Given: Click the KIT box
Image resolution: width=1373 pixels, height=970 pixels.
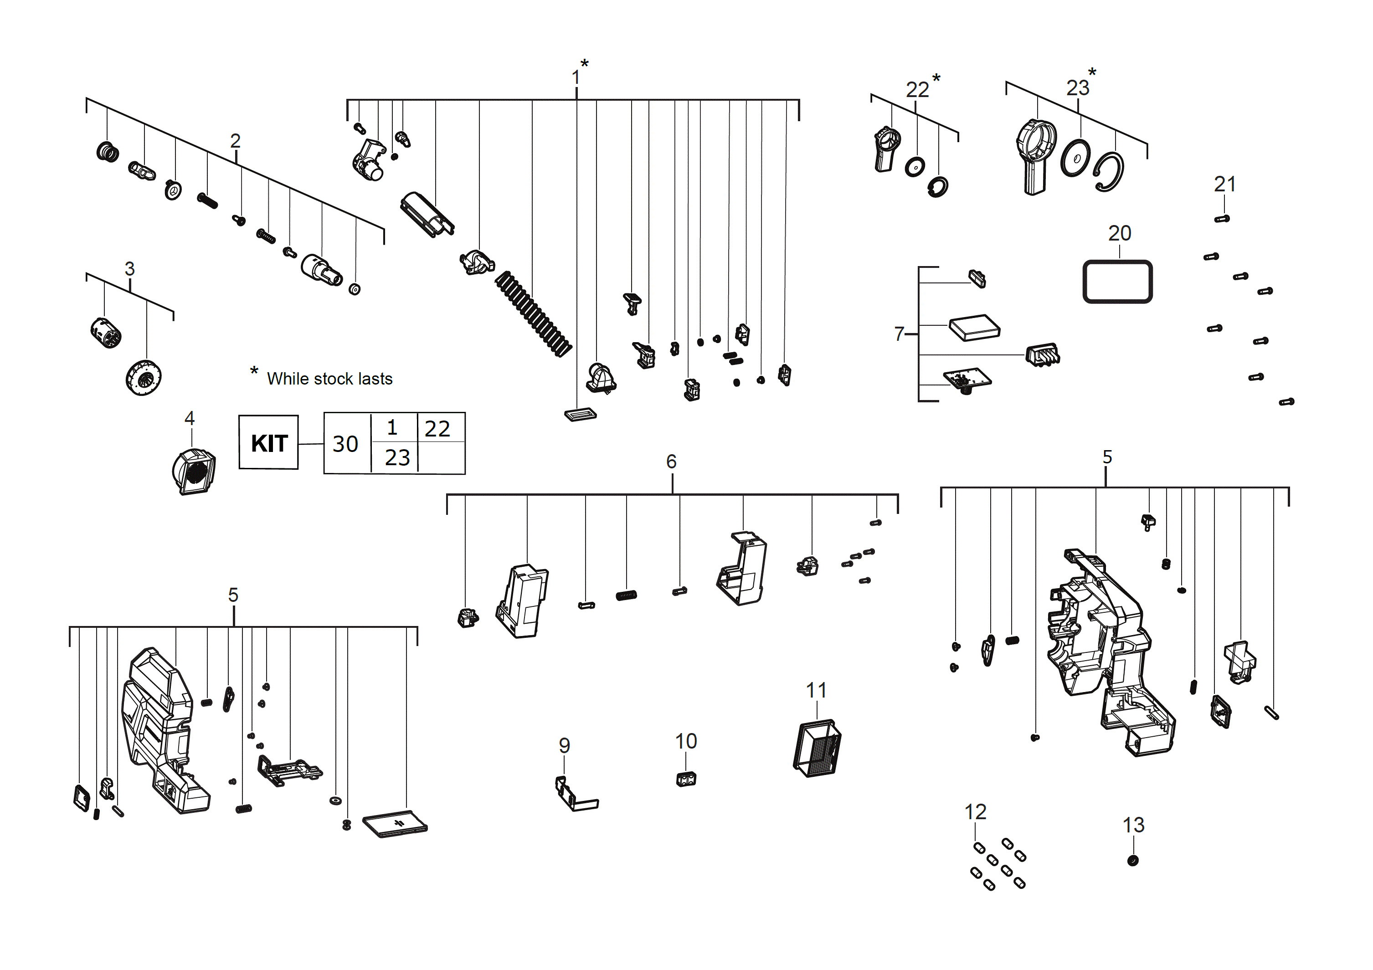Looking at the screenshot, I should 268,442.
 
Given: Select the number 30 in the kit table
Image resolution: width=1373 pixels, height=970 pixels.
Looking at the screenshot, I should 345,444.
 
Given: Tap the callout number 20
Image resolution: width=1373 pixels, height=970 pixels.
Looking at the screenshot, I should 1120,233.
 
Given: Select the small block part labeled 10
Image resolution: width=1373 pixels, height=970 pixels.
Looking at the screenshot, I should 686,779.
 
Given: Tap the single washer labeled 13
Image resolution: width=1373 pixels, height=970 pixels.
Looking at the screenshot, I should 1132,861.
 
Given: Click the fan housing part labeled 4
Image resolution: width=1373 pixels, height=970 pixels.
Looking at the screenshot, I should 193,472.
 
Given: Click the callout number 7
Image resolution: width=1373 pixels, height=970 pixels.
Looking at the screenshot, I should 899,333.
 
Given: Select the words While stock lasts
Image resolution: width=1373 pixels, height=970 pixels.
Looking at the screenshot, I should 329,379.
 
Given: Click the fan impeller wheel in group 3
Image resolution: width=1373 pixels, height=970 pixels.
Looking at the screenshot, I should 144,377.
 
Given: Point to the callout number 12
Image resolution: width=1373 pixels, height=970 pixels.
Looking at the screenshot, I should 975,811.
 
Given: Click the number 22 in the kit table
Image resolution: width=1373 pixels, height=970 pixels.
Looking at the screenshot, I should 437,428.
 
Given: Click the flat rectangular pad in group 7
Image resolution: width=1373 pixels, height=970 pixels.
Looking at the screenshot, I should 974,327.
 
